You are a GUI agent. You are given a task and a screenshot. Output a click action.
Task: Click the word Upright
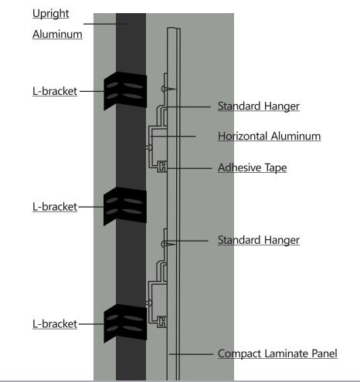pyautogui.click(x=51, y=14)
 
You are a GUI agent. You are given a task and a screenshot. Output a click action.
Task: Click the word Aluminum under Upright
pyautogui.click(x=57, y=34)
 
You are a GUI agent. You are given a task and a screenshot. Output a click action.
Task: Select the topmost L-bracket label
pyautogui.click(x=55, y=91)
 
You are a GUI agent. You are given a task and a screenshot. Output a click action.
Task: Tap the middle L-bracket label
pyautogui.click(x=55, y=207)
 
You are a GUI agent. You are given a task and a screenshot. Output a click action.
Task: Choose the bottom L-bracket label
pyautogui.click(x=55, y=324)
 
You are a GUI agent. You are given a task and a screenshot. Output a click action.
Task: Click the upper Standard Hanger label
pyautogui.click(x=259, y=106)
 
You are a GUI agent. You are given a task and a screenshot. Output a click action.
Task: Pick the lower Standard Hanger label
pyautogui.click(x=259, y=240)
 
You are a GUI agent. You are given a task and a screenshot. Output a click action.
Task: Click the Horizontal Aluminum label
pyautogui.click(x=269, y=136)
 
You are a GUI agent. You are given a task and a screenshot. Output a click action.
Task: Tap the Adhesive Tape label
pyautogui.click(x=252, y=167)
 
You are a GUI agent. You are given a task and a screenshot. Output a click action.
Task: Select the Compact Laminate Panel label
pyautogui.click(x=277, y=353)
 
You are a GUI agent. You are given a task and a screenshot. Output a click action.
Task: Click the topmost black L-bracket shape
pyautogui.click(x=125, y=90)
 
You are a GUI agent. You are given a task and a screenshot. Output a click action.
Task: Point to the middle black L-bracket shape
pyautogui.click(x=125, y=206)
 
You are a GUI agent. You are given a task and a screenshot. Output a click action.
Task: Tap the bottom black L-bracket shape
pyautogui.click(x=125, y=323)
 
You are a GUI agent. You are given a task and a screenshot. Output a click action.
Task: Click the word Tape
pyautogui.click(x=276, y=168)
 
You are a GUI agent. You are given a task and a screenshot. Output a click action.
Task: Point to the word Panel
pyautogui.click(x=324, y=353)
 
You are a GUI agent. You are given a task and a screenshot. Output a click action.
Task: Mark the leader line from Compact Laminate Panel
pyautogui.click(x=191, y=354)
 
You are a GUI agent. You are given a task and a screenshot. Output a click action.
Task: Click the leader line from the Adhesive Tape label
pyautogui.click(x=189, y=168)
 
